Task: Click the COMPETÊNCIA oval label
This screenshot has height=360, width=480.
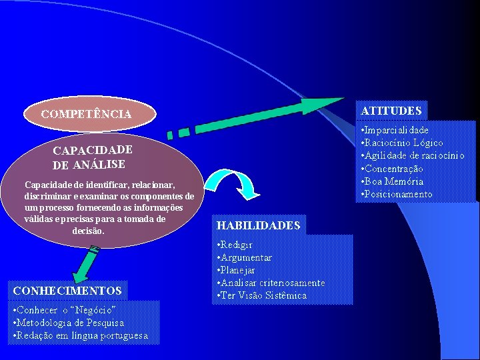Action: pyautogui.click(x=86, y=114)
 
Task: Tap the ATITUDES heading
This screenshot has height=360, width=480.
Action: pyautogui.click(x=391, y=111)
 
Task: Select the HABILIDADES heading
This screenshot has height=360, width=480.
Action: pyautogui.click(x=259, y=225)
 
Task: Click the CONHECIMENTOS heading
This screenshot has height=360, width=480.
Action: pyautogui.click(x=67, y=291)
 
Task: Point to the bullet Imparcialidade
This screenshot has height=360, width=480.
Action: pyautogui.click(x=396, y=130)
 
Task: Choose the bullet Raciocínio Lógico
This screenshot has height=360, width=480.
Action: pyautogui.click(x=403, y=143)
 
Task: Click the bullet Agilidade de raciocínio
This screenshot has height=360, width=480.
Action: pyautogui.click(x=413, y=155)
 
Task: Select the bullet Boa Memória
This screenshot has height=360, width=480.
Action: pyautogui.click(x=393, y=181)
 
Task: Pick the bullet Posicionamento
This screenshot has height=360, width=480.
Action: pyautogui.click(x=398, y=194)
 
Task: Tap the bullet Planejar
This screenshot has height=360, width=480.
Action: pyautogui.click(x=238, y=270)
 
